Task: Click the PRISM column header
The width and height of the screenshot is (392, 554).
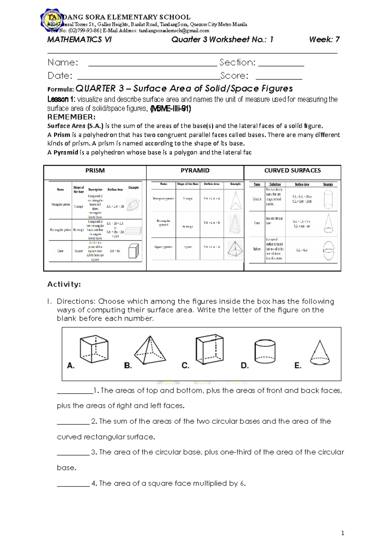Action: point(95,171)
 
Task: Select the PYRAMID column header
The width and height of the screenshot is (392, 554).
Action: point(195,171)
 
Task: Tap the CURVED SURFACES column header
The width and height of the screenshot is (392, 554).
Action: point(292,171)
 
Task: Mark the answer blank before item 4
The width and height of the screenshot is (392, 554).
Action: point(73,485)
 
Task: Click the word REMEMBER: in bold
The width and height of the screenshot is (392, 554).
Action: point(72,117)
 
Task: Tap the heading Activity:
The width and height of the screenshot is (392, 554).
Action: point(64,285)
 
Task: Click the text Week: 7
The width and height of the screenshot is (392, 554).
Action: point(324,40)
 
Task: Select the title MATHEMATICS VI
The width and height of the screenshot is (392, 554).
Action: point(79,40)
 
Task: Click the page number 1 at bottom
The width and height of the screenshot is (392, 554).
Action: point(343,534)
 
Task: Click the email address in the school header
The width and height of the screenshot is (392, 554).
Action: point(174,31)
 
